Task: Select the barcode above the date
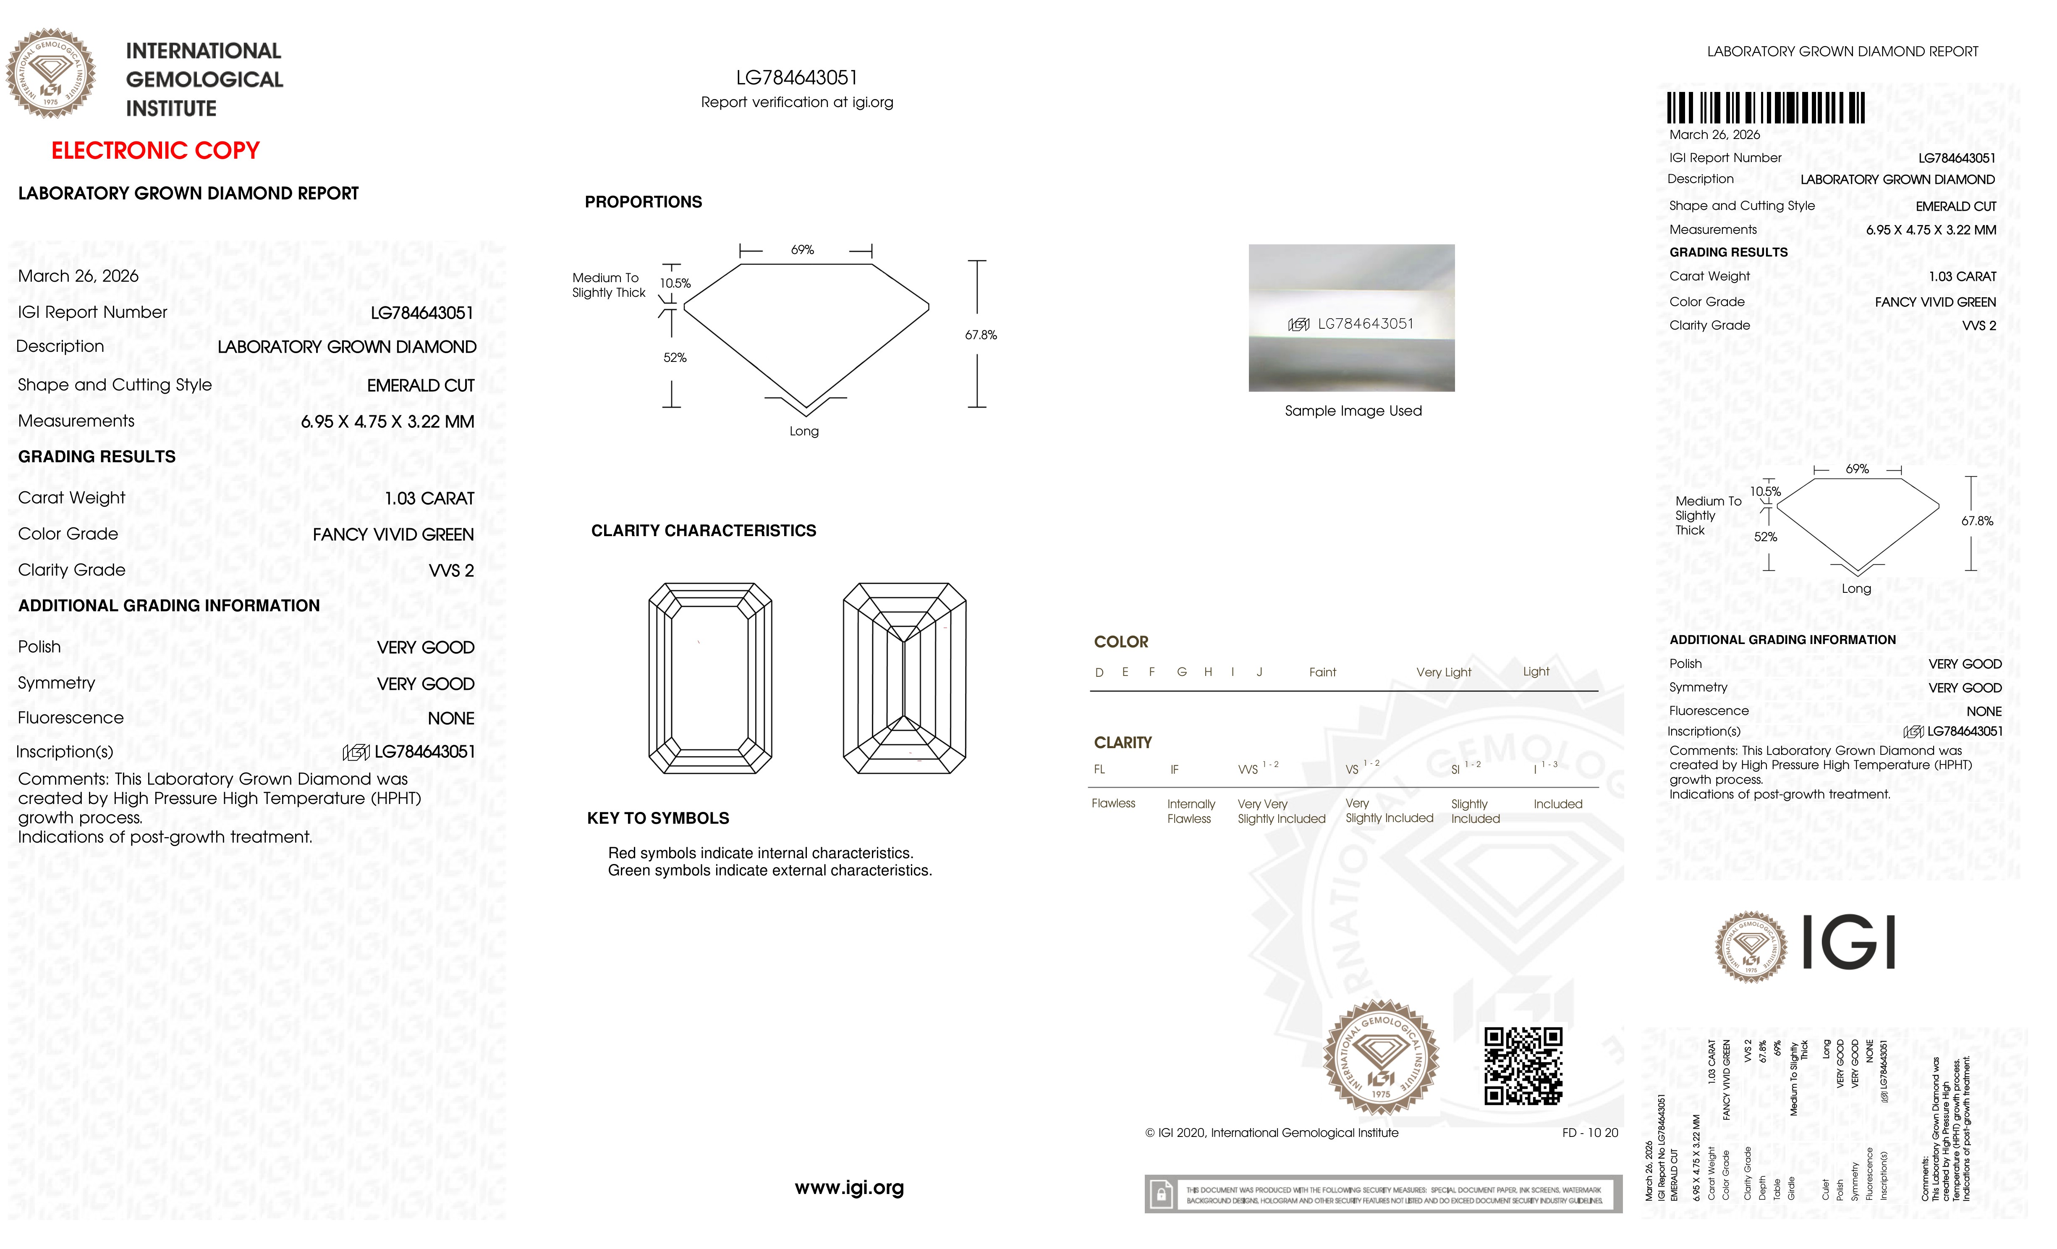pos(1766,108)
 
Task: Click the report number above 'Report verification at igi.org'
pos(796,78)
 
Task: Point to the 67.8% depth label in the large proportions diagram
pos(981,335)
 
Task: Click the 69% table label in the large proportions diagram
pos(802,250)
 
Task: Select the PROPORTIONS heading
pos(643,202)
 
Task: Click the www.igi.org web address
pos(849,1187)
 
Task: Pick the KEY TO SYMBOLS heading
pos(658,818)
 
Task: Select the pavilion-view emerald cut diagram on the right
pos(904,678)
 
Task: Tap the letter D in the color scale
pos(1099,672)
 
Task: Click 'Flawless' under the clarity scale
pos(1113,803)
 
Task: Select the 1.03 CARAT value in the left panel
pos(429,498)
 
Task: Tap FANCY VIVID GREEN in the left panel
pos(393,534)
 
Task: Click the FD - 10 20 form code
pos(1589,1133)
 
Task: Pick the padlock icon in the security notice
pos(1160,1195)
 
